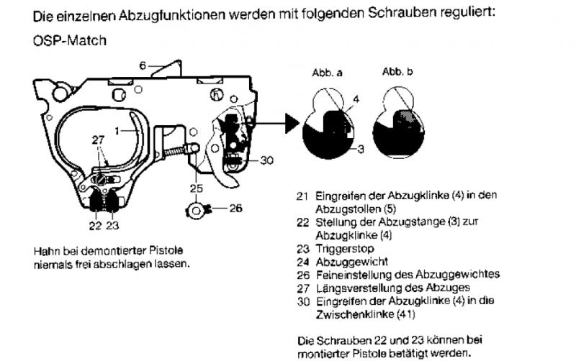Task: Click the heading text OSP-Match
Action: pos(70,41)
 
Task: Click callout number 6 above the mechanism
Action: pos(143,65)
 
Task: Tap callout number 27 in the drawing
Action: pos(99,142)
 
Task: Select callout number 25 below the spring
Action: pos(195,188)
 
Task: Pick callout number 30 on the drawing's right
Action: pos(266,160)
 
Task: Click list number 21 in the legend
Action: pos(302,195)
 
